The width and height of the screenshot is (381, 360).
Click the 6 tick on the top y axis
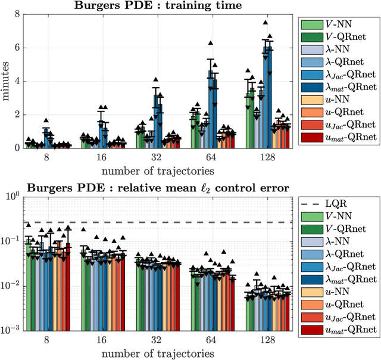[x=17, y=48]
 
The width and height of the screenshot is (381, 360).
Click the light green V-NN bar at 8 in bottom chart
[x=28, y=286]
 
